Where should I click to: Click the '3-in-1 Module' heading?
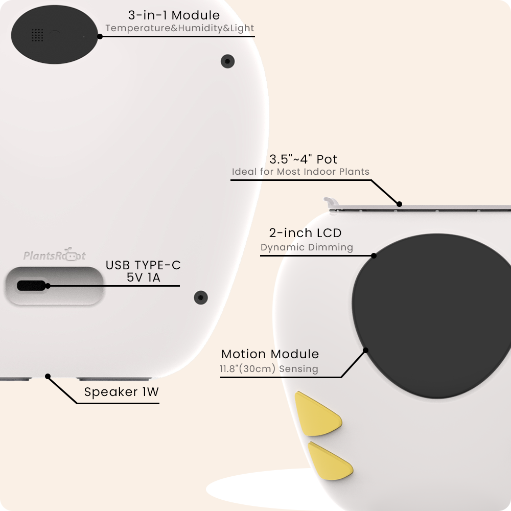point(174,15)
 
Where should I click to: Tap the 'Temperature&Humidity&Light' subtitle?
point(179,28)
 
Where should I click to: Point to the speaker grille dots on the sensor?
point(37,35)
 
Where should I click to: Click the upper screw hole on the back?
point(227,61)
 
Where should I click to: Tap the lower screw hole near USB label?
point(201,297)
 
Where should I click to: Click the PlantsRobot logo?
point(54,255)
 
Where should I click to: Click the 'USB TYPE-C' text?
point(143,265)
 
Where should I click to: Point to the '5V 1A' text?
point(143,277)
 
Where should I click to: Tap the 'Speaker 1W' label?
point(122,392)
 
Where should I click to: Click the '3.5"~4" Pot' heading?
point(303,159)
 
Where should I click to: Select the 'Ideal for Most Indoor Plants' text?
point(300,172)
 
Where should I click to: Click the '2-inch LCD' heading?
point(305,233)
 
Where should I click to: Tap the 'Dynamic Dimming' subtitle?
point(307,247)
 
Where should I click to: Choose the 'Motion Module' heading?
point(270,354)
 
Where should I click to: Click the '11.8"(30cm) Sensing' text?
point(269,369)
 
